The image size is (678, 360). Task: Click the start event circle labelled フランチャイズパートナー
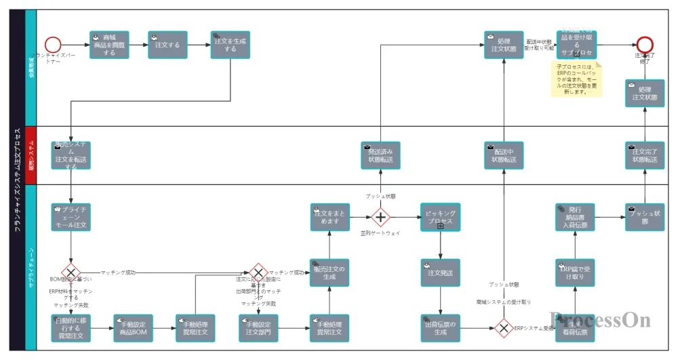click(x=54, y=45)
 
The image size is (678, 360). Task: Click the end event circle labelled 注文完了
click(x=645, y=45)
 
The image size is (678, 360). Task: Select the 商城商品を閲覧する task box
click(x=109, y=45)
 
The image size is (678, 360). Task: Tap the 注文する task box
click(x=167, y=45)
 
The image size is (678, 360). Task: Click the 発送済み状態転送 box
click(x=380, y=155)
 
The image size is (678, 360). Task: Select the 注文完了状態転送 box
click(x=644, y=155)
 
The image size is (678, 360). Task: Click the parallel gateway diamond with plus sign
click(x=380, y=217)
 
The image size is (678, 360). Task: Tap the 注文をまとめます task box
click(x=330, y=217)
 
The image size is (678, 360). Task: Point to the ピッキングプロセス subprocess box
click(x=440, y=217)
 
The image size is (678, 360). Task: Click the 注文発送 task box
click(x=440, y=273)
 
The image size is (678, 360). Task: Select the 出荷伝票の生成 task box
click(x=440, y=328)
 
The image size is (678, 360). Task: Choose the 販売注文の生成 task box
click(x=330, y=273)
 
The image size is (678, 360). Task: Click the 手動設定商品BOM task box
click(x=133, y=328)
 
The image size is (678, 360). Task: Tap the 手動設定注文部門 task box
click(x=258, y=328)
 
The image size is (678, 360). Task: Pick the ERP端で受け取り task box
click(x=575, y=273)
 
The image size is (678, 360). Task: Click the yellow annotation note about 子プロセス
click(x=576, y=79)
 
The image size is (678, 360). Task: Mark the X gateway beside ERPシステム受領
click(x=503, y=329)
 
